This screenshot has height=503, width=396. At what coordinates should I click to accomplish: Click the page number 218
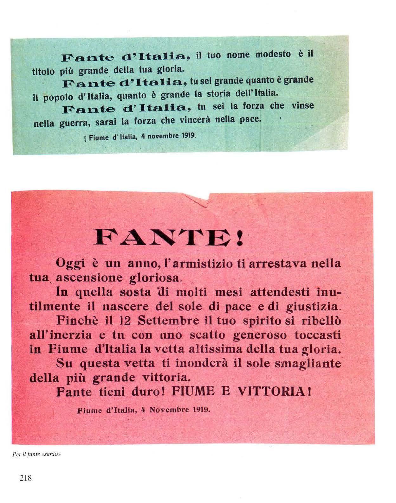[x=25, y=478]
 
